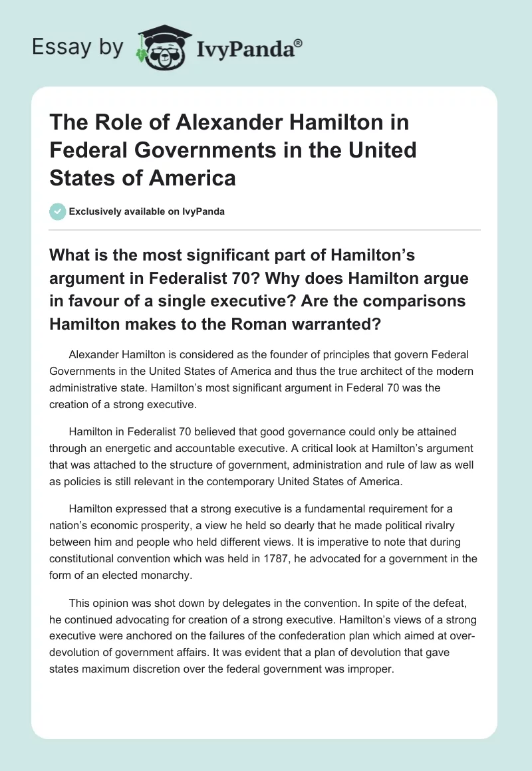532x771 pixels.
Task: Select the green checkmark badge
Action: tap(57, 211)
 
